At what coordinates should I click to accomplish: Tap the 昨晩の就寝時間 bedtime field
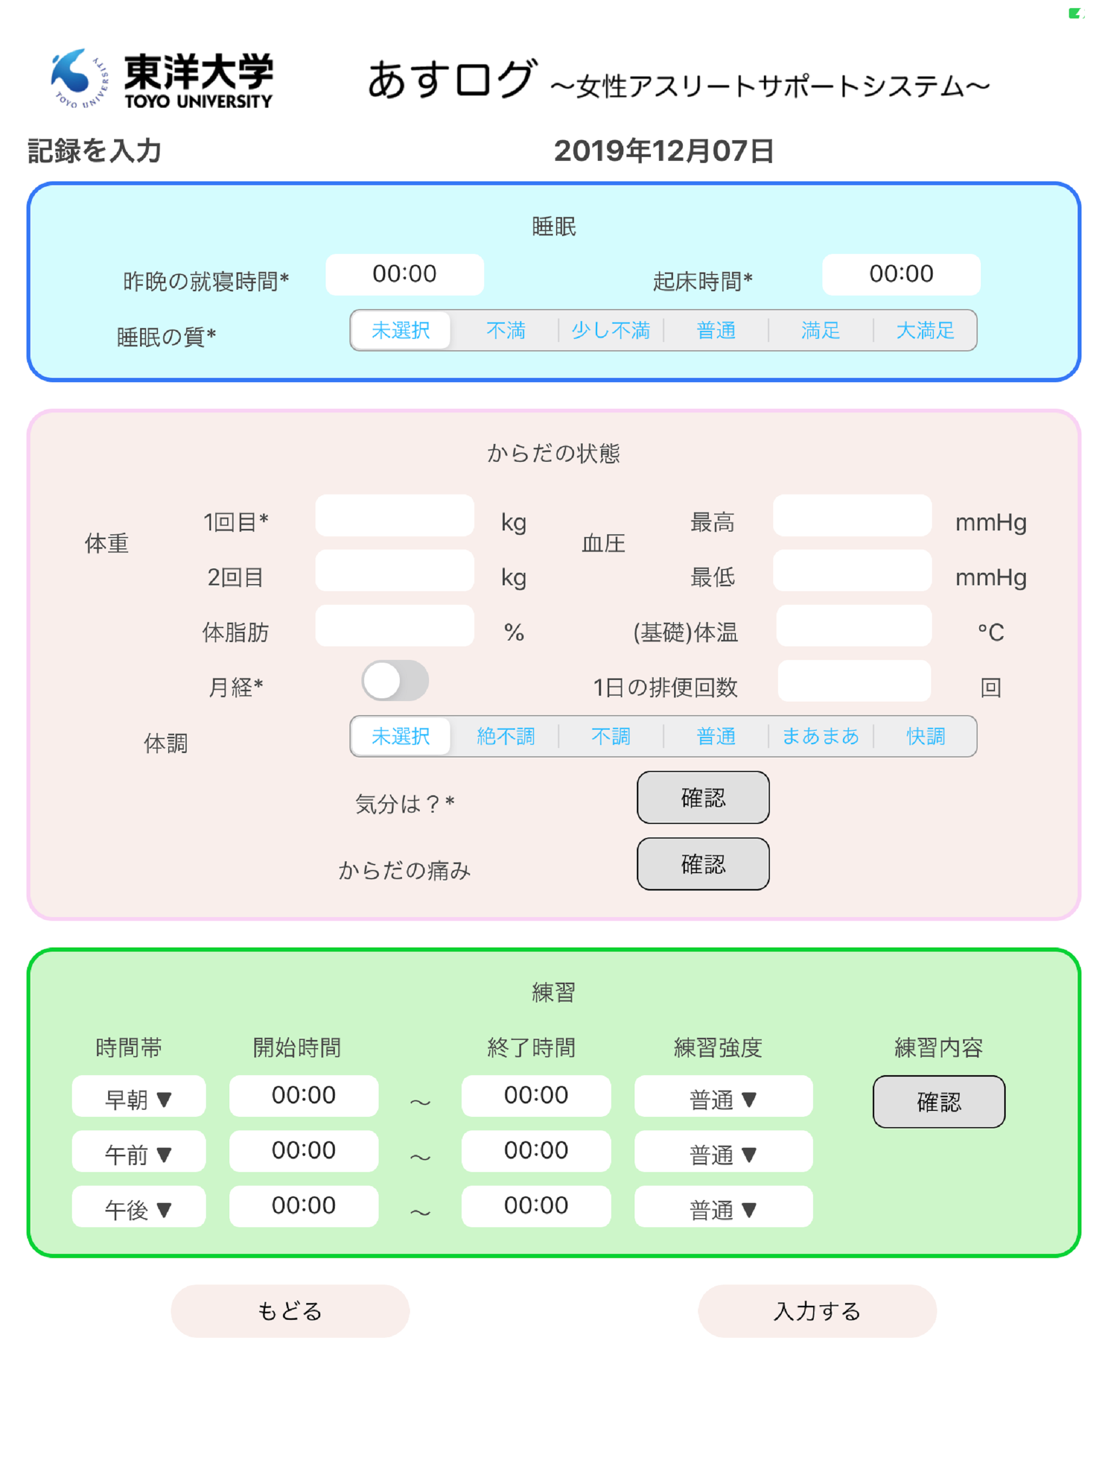click(404, 274)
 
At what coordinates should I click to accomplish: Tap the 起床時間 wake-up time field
click(901, 274)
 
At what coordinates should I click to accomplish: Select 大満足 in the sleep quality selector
click(925, 330)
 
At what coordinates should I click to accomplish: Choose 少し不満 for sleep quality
click(611, 330)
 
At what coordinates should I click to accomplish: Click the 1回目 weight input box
click(394, 515)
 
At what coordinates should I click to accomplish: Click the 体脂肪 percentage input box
click(394, 626)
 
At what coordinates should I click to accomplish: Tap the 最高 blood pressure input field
click(852, 515)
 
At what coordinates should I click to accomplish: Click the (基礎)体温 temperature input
click(853, 626)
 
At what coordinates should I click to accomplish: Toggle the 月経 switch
click(395, 680)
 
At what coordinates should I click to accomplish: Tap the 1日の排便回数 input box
click(854, 680)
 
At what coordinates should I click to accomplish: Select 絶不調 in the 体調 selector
click(506, 736)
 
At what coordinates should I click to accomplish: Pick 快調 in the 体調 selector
click(926, 736)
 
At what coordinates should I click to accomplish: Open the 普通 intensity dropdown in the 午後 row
click(723, 1207)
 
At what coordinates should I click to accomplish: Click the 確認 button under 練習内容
click(938, 1102)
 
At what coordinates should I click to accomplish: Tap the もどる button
click(290, 1311)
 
